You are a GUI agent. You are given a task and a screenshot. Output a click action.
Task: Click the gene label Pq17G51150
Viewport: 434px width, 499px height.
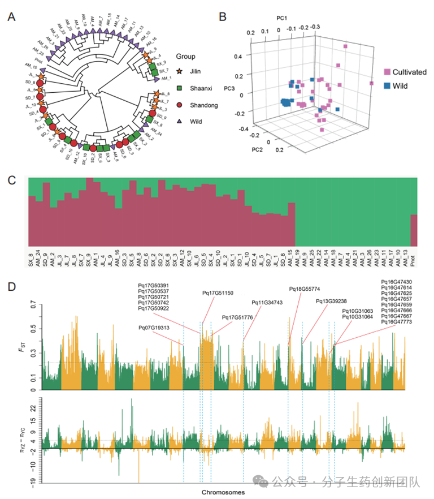click(x=218, y=293)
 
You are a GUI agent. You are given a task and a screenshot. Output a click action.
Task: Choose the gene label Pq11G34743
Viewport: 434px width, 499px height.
click(x=267, y=302)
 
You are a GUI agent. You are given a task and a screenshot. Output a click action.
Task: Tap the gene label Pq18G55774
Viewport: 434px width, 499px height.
click(x=305, y=289)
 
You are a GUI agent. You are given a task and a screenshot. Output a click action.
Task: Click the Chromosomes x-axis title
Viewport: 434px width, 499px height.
click(x=223, y=492)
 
